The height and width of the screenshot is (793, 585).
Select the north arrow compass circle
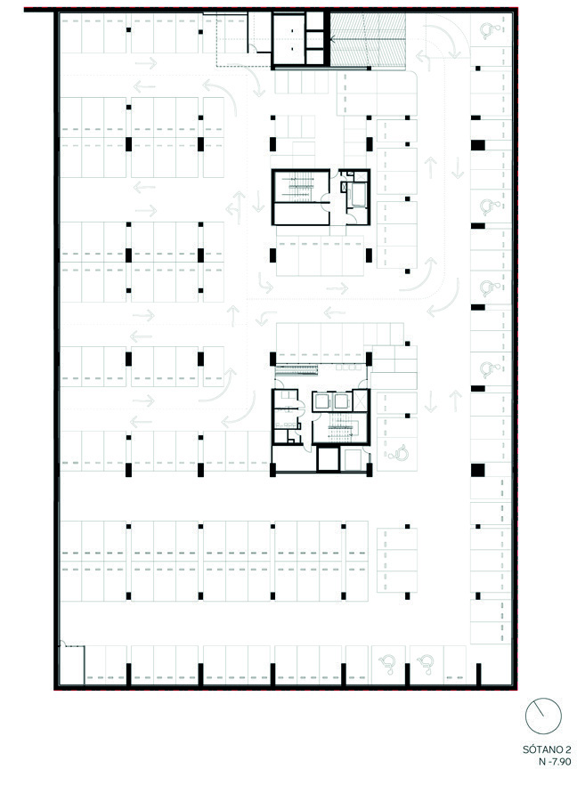click(x=543, y=716)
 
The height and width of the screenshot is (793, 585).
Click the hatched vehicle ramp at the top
click(x=368, y=39)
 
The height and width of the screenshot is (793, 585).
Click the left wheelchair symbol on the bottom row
click(x=388, y=664)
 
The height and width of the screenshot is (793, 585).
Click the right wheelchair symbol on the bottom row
click(x=427, y=664)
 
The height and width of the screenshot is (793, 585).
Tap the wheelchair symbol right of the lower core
click(x=397, y=451)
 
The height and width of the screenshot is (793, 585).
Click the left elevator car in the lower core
click(x=321, y=402)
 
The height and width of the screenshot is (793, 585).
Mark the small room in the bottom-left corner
click(x=71, y=664)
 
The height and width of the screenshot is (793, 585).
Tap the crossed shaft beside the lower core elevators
click(x=360, y=401)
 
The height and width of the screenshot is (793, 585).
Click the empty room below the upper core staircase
click(x=301, y=214)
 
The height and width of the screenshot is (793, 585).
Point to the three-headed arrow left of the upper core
click(x=236, y=206)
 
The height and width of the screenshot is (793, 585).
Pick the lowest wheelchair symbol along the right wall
click(x=491, y=368)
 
